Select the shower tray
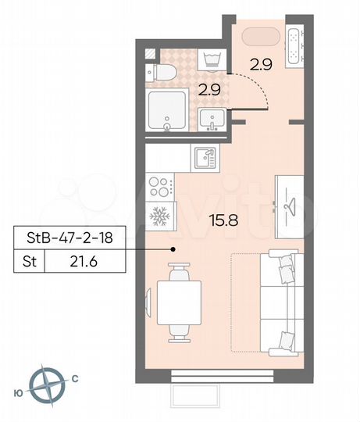(x=166, y=110)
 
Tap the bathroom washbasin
(x=212, y=120)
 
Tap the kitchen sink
(x=205, y=156)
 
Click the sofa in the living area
(x=279, y=302)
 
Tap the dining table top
(x=180, y=302)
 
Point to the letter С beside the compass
(x=74, y=379)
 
